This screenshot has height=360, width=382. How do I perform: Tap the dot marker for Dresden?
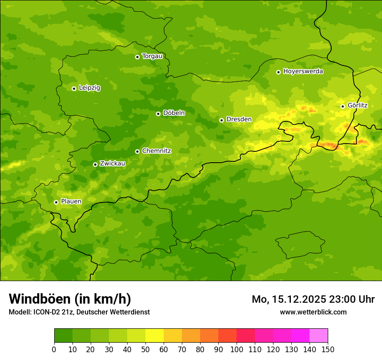222,120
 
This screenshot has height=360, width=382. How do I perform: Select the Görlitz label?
357,105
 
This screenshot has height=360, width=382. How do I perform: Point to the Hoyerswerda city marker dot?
278,72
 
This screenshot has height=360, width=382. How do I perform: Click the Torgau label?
152,56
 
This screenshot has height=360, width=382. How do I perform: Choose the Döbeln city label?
174,113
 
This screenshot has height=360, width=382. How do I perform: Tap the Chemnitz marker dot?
138,151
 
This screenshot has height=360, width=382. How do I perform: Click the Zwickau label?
112,164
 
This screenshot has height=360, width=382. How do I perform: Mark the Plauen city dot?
56,202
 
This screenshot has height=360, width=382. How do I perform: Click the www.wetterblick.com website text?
313,312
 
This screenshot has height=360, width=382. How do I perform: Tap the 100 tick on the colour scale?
237,350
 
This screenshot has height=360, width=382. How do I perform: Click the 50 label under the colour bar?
145,350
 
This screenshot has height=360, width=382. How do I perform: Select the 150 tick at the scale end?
328,350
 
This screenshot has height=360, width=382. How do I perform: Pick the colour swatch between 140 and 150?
319,336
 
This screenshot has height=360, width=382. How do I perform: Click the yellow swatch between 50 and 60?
155,336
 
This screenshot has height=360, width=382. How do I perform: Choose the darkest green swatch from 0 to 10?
63,336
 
